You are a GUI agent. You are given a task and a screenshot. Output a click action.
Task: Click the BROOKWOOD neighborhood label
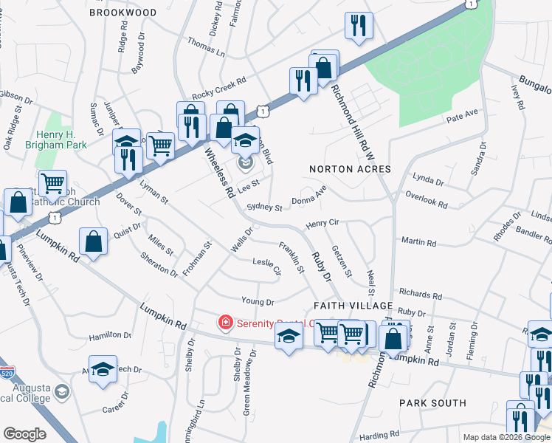click(x=123, y=13)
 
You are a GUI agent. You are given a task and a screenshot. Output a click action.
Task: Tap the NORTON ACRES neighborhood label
click(x=350, y=169)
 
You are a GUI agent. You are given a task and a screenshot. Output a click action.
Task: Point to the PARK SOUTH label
click(x=432, y=403)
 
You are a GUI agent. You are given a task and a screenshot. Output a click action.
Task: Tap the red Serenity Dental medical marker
click(x=225, y=323)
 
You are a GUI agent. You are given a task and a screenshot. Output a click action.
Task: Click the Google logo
click(x=25, y=434)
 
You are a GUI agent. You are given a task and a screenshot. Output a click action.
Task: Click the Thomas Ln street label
click(x=207, y=47)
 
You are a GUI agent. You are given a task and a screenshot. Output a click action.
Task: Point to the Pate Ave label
click(x=463, y=114)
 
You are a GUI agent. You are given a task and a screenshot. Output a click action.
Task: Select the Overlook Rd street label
click(x=427, y=199)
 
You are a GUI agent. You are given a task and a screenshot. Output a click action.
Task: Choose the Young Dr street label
click(x=258, y=301)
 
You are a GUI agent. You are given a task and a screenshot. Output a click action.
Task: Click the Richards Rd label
click(x=421, y=295)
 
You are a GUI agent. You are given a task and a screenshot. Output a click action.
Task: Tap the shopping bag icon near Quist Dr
click(x=94, y=241)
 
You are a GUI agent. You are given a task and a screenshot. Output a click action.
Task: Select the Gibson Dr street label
click(x=16, y=97)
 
